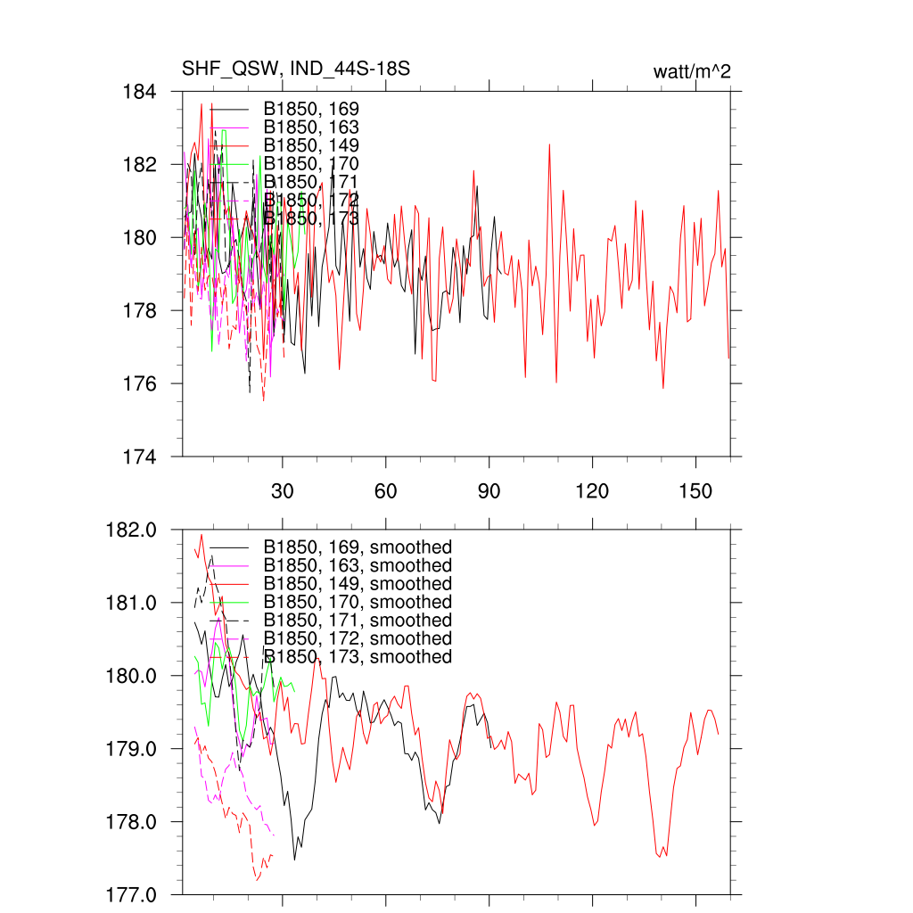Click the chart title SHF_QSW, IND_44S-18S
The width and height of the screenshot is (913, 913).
(x=296, y=69)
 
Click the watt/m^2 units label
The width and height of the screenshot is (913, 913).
(x=692, y=72)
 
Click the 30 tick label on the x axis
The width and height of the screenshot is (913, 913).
(x=283, y=491)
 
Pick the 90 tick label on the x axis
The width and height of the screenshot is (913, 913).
(x=489, y=491)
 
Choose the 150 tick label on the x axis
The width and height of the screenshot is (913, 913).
(x=695, y=491)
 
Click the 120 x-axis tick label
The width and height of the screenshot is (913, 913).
(x=592, y=491)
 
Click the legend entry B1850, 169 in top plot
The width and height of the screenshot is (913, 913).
(x=311, y=109)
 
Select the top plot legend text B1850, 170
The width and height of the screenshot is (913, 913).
(x=311, y=164)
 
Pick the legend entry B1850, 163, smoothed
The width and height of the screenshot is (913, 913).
(x=358, y=565)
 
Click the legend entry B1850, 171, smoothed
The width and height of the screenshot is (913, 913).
(x=358, y=621)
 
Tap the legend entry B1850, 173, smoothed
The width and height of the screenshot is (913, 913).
(x=358, y=657)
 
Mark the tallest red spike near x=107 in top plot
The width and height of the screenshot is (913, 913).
(x=549, y=144)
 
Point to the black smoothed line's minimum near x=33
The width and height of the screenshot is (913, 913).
(x=295, y=860)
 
